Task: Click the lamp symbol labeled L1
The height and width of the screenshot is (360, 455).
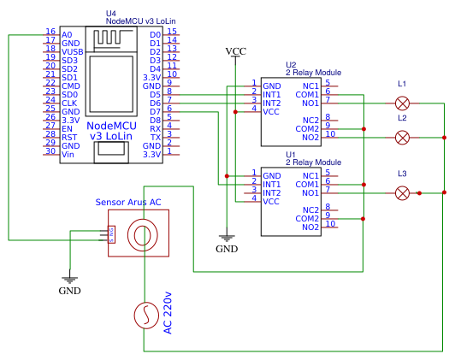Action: pyautogui.click(x=402, y=103)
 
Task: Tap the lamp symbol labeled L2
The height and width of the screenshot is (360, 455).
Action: pyautogui.click(x=402, y=137)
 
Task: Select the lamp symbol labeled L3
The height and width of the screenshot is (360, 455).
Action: pyautogui.click(x=402, y=193)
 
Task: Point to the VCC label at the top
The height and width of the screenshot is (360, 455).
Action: pyautogui.click(x=235, y=51)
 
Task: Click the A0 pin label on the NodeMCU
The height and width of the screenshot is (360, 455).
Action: pyautogui.click(x=68, y=34)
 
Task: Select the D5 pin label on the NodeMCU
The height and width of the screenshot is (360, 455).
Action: pyautogui.click(x=155, y=94)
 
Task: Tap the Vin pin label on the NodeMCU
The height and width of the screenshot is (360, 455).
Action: pyautogui.click(x=68, y=154)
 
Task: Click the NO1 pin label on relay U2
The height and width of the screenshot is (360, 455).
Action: pyautogui.click(x=310, y=103)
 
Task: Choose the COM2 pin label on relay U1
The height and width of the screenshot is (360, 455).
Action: pyautogui.click(x=307, y=218)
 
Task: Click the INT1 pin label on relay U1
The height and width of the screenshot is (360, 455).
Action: pyautogui.click(x=273, y=184)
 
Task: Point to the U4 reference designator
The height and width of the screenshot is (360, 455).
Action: pyautogui.click(x=110, y=14)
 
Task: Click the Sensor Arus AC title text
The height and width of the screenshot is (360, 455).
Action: pyautogui.click(x=128, y=202)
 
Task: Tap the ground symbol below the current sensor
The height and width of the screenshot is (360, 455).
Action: pyautogui.click(x=70, y=278)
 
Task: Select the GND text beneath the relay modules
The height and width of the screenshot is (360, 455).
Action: pyautogui.click(x=227, y=249)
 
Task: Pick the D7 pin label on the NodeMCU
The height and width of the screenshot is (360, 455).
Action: pyautogui.click(x=155, y=111)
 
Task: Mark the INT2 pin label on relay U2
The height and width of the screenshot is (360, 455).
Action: pyautogui.click(x=273, y=103)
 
